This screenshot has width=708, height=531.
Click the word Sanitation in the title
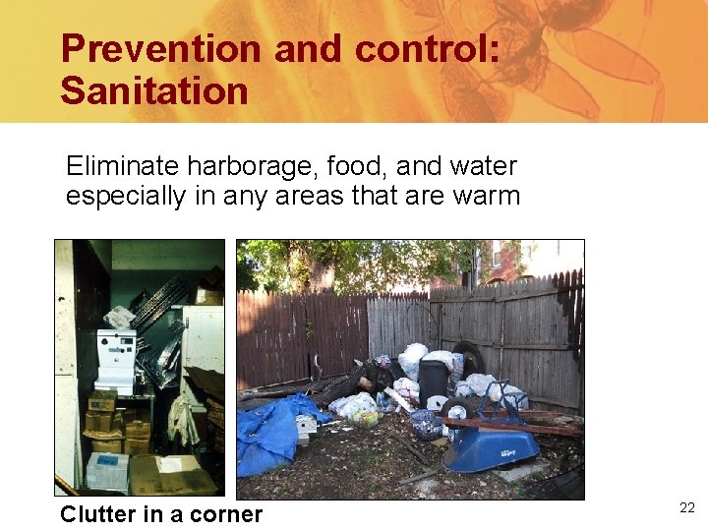154,90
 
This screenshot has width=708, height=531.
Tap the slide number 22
687,507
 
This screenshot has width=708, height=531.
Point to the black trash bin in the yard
433,380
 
